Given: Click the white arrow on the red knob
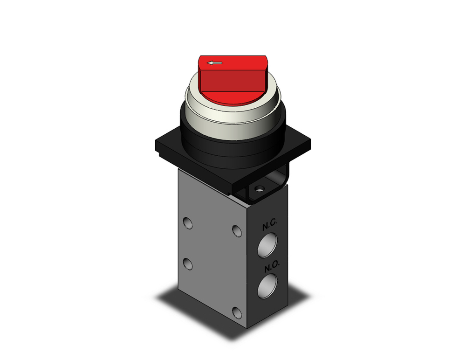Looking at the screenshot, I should [x=215, y=62].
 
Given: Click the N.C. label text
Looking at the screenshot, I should [x=269, y=226].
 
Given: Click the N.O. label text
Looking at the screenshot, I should [x=271, y=268].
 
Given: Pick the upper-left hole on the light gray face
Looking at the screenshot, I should [x=188, y=223].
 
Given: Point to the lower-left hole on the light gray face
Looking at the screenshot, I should [x=188, y=264].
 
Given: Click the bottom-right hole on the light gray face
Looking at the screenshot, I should [x=239, y=313].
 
